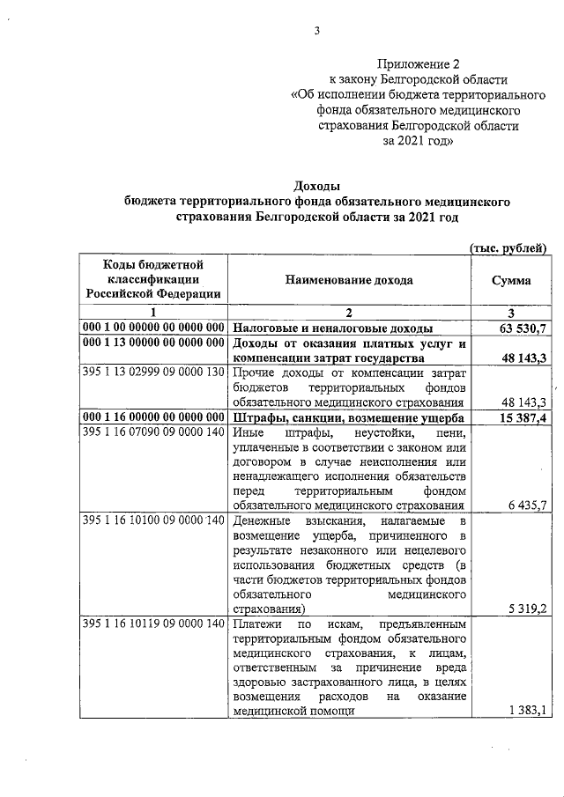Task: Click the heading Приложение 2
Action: (x=419, y=63)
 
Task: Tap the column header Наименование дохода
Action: (x=348, y=279)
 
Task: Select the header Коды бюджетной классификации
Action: (x=153, y=279)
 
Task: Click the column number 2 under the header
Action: (x=348, y=312)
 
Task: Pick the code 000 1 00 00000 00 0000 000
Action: (x=152, y=328)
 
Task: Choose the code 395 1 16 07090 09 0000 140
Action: (x=152, y=432)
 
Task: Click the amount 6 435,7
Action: (x=529, y=505)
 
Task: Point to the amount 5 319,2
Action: (x=529, y=608)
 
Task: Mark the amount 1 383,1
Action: (x=529, y=711)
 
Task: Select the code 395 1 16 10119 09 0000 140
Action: (x=152, y=624)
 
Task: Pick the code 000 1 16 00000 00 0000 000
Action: (x=152, y=417)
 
